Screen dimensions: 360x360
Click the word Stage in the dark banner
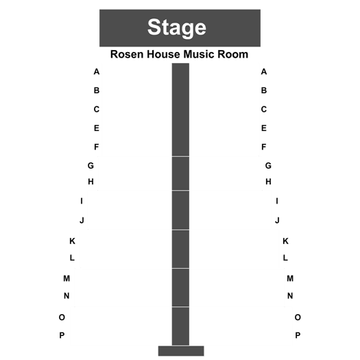coord(176,27)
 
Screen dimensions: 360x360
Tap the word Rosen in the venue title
coord(127,54)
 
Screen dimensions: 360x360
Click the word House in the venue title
coord(163,54)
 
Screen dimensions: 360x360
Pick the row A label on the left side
coord(97,71)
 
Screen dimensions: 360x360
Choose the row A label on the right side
coord(264,71)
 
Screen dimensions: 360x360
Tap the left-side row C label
coord(97,109)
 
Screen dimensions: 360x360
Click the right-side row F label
coord(264,147)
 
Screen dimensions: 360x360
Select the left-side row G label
coord(91,165)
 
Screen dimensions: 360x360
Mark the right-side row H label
coord(268,182)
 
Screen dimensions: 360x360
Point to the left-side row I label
coord(82,201)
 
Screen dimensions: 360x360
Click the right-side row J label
coord(277,220)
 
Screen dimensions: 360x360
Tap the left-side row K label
coord(72,241)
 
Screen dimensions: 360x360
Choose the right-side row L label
coord(285,258)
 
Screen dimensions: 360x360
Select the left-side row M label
coord(67,278)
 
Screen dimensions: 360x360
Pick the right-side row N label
coord(290,296)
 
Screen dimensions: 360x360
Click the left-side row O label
coord(62,317)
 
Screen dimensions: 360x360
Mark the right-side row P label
coord(298,335)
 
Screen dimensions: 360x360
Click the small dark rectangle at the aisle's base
coord(181,351)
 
